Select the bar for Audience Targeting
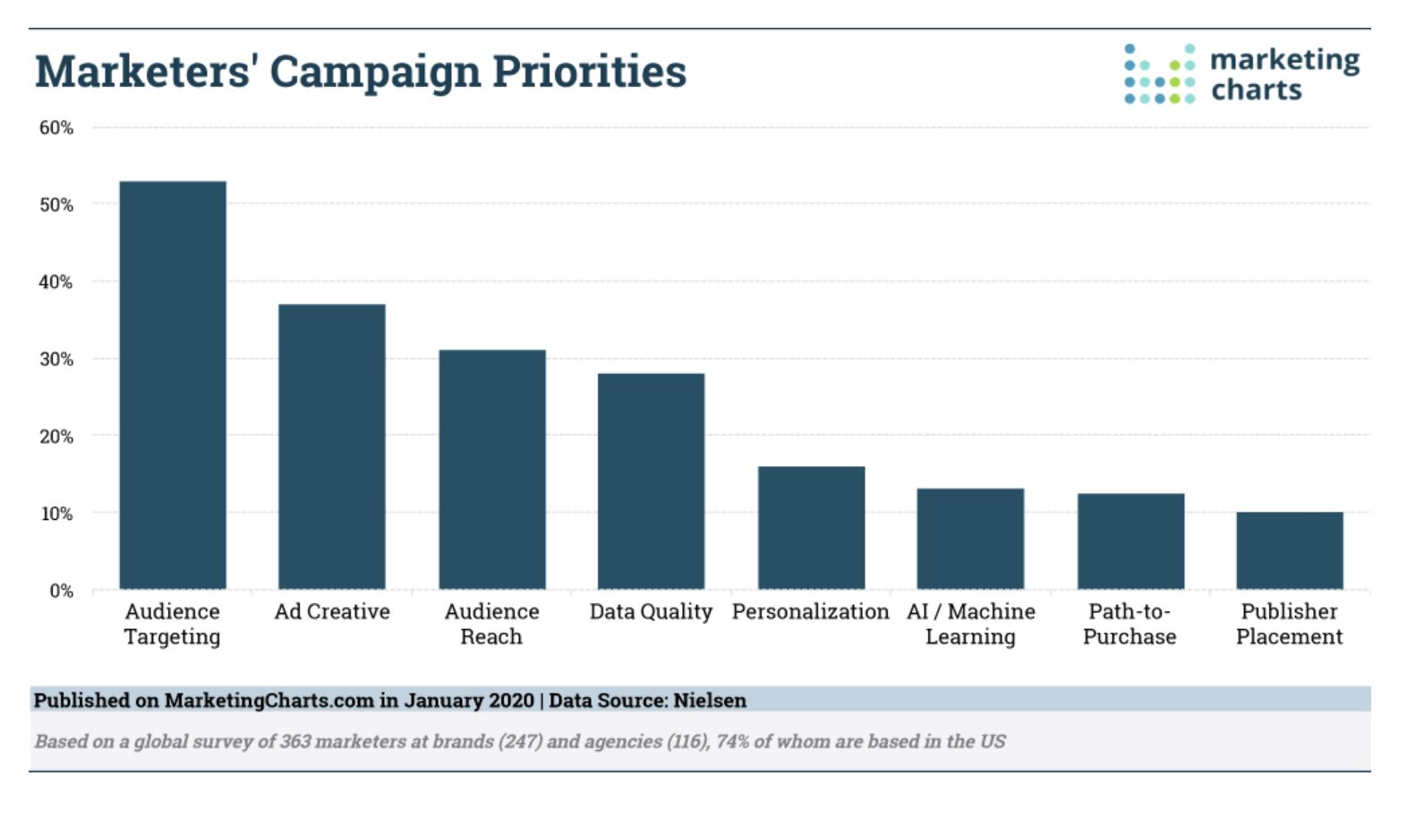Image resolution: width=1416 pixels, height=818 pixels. (173, 385)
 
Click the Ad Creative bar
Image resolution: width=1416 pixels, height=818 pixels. (332, 447)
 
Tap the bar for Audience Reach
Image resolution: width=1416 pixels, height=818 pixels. (491, 469)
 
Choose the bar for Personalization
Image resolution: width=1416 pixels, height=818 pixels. (811, 527)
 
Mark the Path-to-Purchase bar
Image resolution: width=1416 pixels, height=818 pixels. (1130, 541)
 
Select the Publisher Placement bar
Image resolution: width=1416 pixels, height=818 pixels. (1290, 550)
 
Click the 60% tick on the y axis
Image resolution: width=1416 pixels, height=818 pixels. (56, 128)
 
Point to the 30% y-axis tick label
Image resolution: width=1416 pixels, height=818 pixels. (56, 359)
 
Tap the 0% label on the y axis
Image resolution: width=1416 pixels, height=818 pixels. (61, 591)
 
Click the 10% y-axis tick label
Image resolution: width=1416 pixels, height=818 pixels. (56, 514)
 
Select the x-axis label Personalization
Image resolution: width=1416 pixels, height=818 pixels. (810, 611)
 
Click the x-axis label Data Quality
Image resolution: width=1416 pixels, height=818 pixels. (651, 611)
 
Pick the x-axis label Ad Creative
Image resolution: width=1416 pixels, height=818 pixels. (332, 611)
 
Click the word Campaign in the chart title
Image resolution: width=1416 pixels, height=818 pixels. (374, 72)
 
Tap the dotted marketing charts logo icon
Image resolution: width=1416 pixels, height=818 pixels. (1159, 73)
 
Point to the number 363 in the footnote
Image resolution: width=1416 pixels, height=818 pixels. (295, 741)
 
